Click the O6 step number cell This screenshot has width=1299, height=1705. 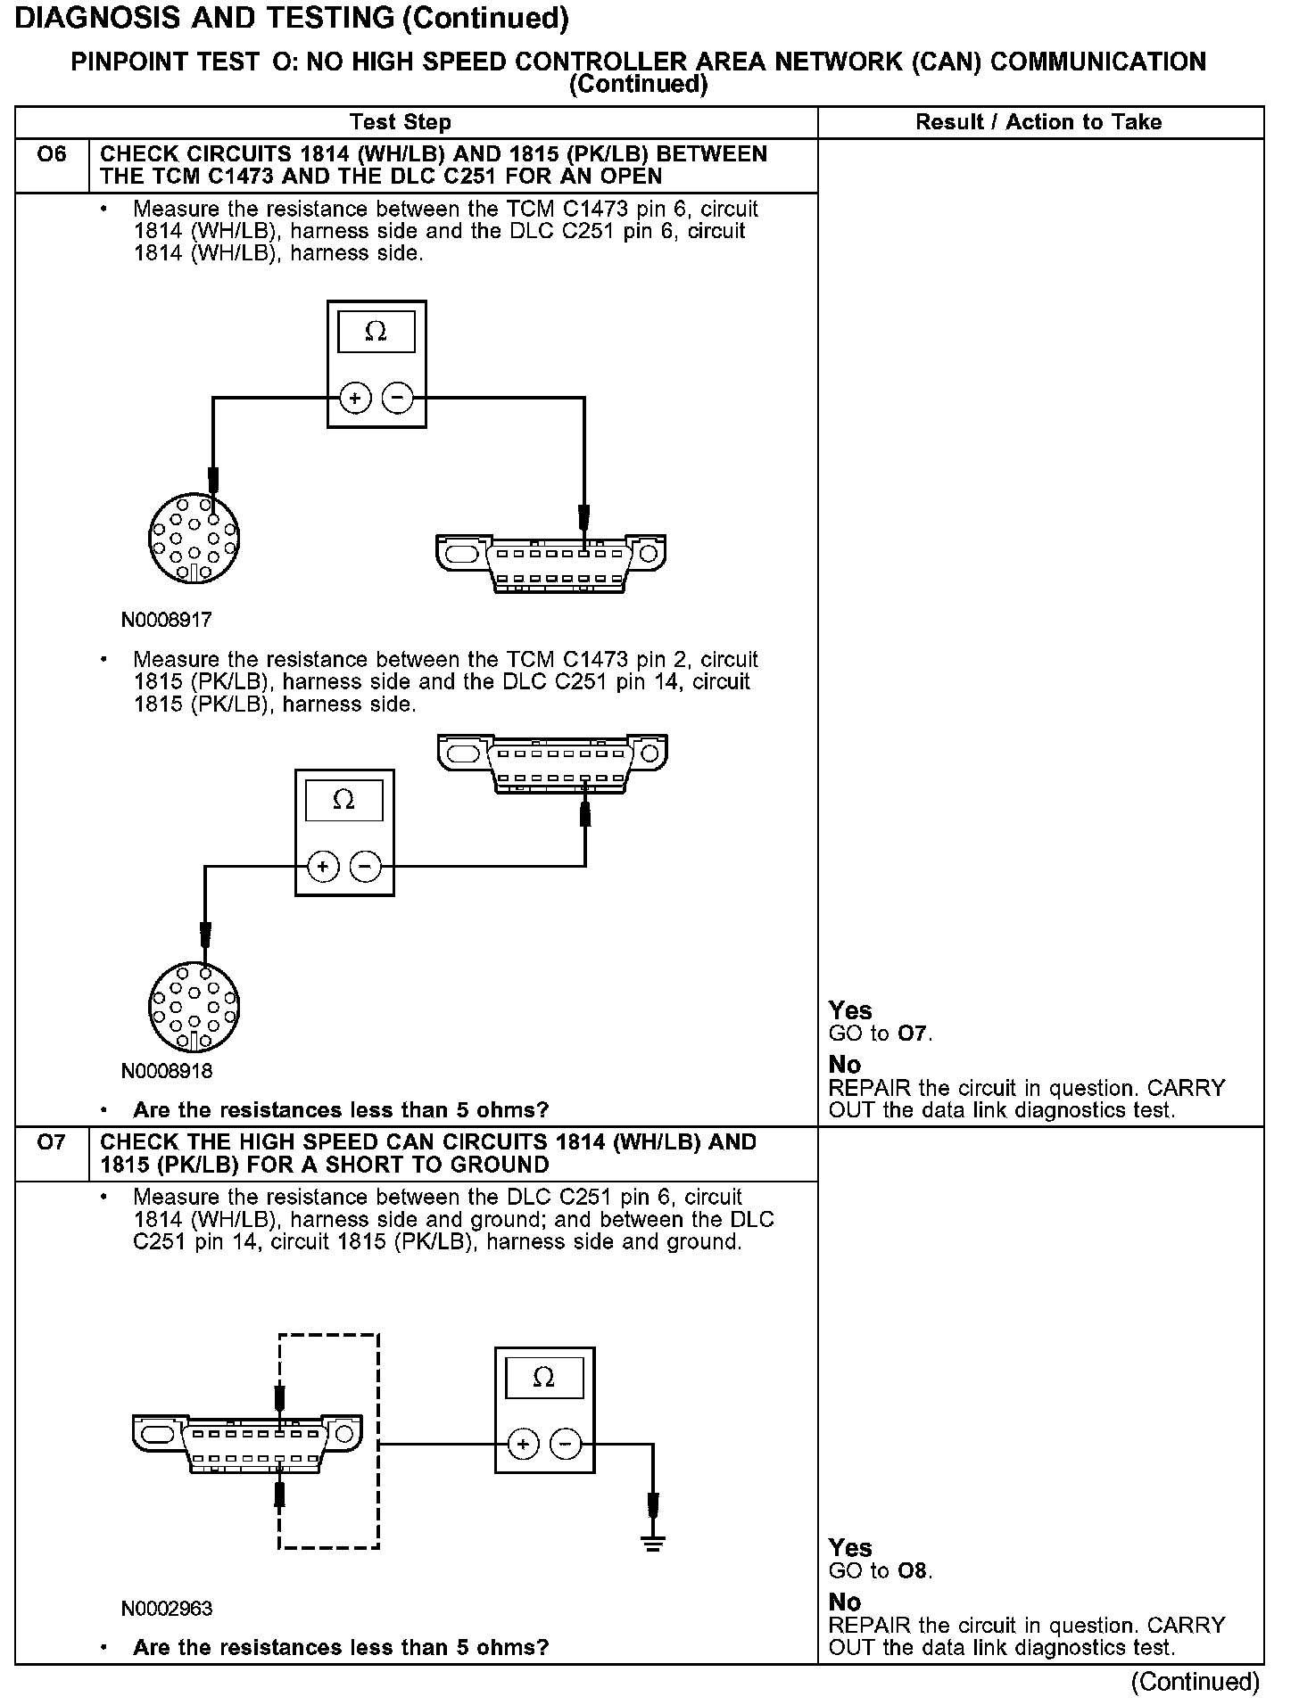coord(52,155)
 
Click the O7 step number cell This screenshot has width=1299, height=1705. coord(52,1142)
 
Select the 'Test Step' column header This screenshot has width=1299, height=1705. coord(401,122)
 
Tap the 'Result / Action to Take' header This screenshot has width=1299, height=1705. coord(1038,122)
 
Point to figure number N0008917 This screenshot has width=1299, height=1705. coord(167,619)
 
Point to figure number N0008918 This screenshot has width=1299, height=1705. coord(167,1070)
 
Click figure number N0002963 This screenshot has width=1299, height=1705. coord(167,1609)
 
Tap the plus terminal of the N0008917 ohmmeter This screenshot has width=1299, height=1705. coord(355,398)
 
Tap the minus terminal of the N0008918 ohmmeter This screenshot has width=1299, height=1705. coord(365,866)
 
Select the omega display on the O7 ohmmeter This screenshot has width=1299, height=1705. coord(543,1379)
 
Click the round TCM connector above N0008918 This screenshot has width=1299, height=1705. coord(194,1008)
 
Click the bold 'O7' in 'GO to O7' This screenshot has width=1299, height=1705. coord(914,1034)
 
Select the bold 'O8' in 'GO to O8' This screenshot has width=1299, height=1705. coord(914,1570)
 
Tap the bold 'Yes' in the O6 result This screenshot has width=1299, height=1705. coord(849,1010)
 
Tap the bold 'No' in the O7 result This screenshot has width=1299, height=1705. coord(844,1602)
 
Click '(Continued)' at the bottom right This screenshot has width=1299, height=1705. coord(1195,1682)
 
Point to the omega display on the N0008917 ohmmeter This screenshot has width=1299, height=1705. coord(376,333)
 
